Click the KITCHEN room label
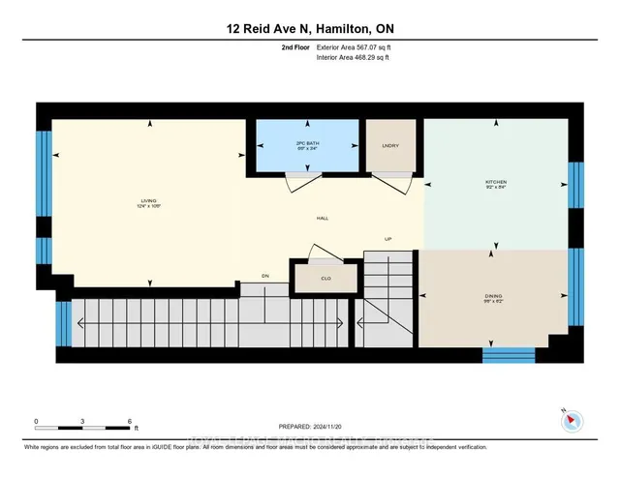tap(495, 183)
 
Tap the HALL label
tap(322, 218)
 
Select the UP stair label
tap(387, 239)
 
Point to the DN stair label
tap(264, 276)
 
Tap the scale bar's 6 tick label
tap(130, 422)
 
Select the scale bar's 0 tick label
tap(36, 422)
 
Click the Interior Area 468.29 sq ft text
tap(357, 57)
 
